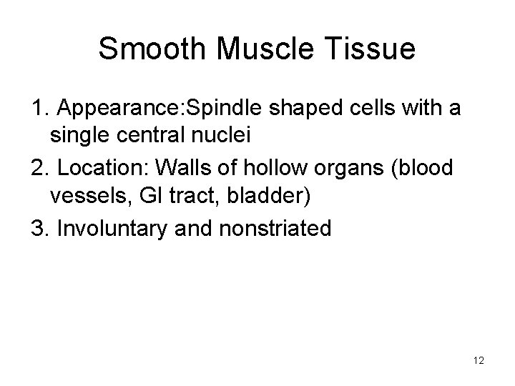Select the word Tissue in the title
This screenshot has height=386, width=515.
[371, 49]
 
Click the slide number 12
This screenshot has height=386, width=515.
[479, 361]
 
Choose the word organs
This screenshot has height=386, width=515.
[336, 170]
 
